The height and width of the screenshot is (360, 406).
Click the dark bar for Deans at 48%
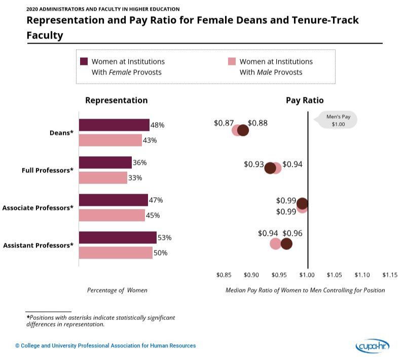click(x=114, y=125)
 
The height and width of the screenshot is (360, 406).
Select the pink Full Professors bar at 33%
click(x=103, y=178)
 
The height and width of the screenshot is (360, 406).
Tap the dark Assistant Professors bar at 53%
click(x=118, y=238)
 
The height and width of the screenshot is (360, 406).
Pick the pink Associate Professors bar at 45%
click(x=112, y=215)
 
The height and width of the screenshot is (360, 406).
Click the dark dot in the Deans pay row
click(x=243, y=130)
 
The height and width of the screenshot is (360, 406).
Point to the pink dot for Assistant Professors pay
click(x=275, y=244)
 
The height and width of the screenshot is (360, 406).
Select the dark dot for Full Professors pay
click(x=270, y=168)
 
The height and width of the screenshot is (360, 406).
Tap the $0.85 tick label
click(x=224, y=274)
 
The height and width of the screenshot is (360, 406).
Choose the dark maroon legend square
click(x=84, y=61)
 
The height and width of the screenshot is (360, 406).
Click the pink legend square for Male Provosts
click(x=232, y=61)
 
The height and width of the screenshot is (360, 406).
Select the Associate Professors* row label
click(x=38, y=208)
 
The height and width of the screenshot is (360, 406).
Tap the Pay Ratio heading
click(x=305, y=100)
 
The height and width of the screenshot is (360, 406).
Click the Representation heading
click(x=117, y=100)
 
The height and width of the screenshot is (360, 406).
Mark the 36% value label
click(x=140, y=163)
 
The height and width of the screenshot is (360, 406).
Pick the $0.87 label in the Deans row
click(x=224, y=123)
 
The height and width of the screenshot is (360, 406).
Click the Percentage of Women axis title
click(x=117, y=290)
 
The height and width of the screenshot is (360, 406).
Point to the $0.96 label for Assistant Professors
click(x=292, y=233)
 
